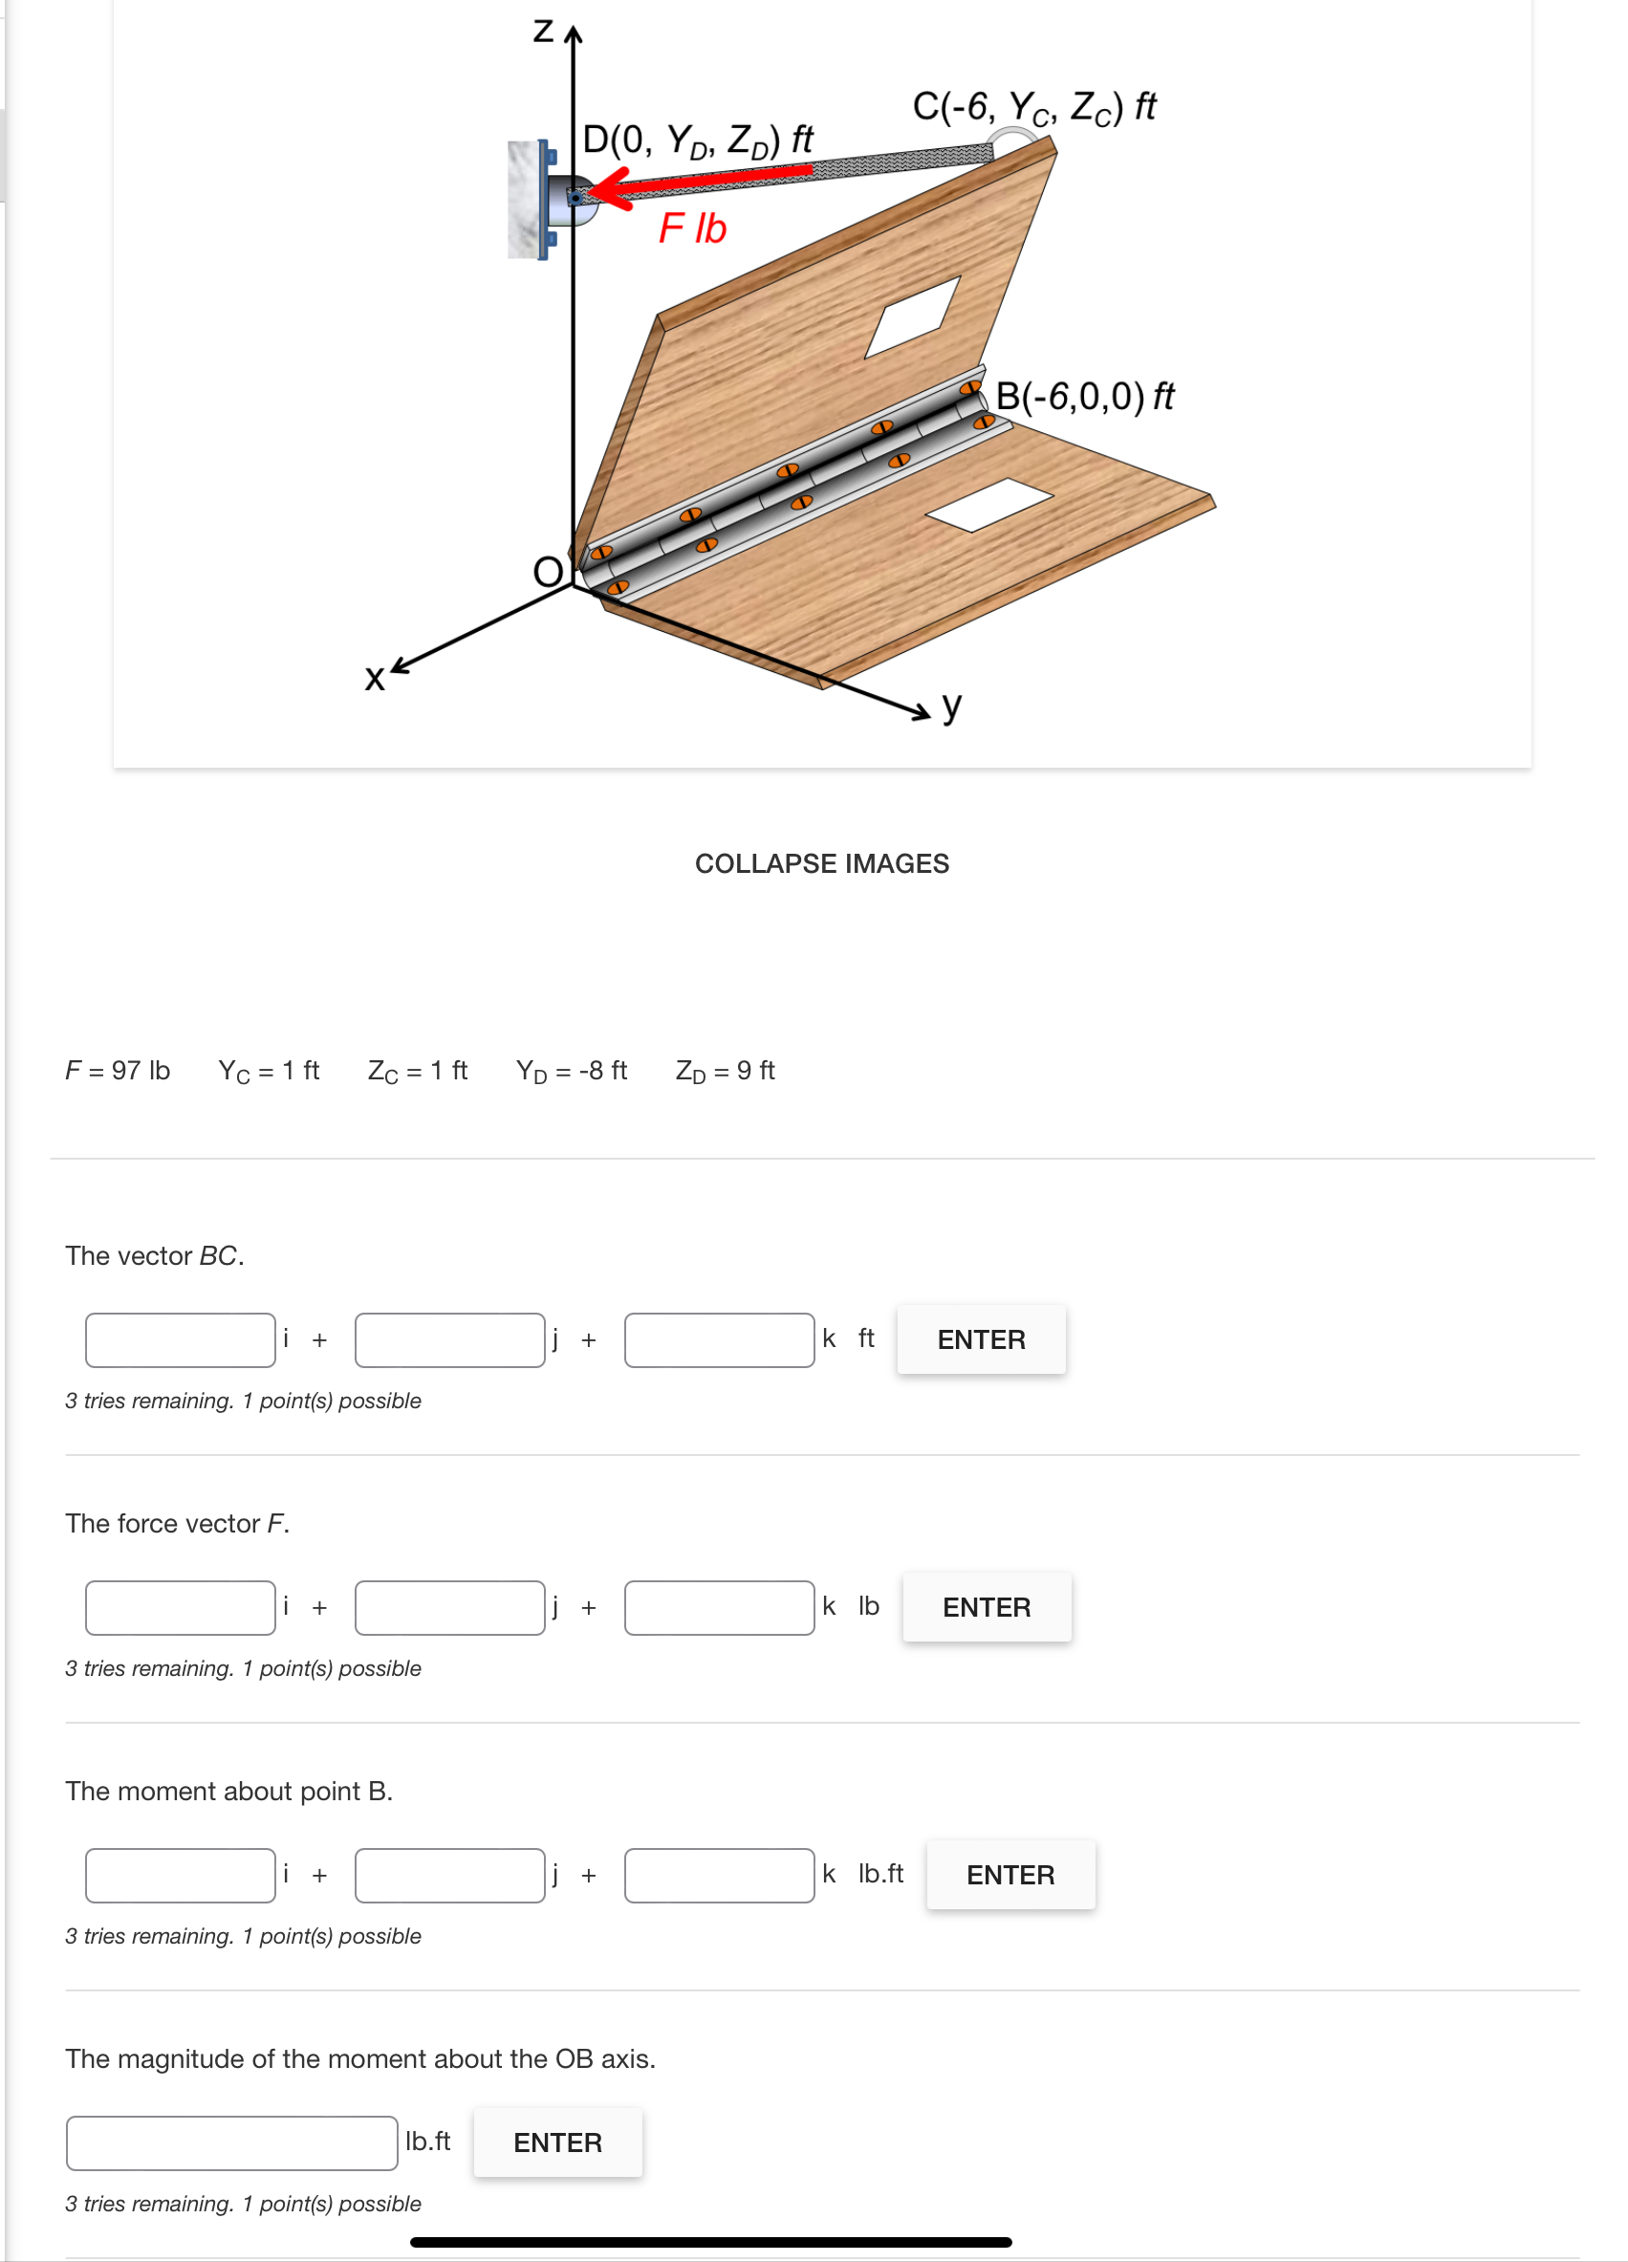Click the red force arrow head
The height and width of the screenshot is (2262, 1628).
coord(611,188)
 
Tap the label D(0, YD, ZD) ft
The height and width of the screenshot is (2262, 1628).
coord(697,140)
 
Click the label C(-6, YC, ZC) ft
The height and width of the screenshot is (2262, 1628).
coord(1033,106)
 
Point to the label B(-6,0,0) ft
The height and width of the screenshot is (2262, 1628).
coord(1084,396)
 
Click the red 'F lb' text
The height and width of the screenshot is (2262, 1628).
coord(692,228)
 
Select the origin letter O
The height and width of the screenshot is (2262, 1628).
coord(548,572)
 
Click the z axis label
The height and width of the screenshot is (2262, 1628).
coord(544,31)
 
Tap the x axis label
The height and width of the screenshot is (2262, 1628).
coord(374,678)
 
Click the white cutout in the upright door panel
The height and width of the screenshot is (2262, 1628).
coord(913,317)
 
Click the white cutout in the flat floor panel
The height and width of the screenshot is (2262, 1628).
coord(988,504)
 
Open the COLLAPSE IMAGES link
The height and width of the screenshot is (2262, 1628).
coord(821,862)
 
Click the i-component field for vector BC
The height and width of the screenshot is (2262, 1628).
coord(181,1339)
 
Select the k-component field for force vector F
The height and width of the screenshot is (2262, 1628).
coord(719,1607)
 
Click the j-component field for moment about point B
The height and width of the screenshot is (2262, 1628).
coord(450,1875)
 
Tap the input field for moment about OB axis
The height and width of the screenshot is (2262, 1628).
coord(232,2142)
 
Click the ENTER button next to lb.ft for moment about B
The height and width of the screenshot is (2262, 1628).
coord(1009,1875)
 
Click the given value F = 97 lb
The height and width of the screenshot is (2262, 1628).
coord(118,1070)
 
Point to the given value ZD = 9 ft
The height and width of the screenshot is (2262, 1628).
coord(726,1070)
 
